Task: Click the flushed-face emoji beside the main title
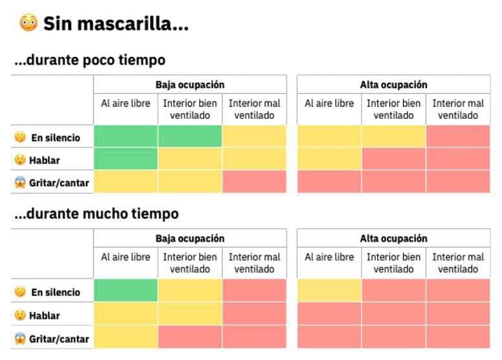(28, 25)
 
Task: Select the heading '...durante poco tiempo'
(90, 60)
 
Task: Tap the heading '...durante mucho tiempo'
(96, 213)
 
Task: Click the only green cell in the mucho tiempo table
(125, 290)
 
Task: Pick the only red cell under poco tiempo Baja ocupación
(254, 182)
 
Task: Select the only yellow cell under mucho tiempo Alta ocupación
(329, 290)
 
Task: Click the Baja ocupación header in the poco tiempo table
(190, 85)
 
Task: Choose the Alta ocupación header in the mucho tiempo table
(393, 238)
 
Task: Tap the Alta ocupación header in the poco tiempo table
(393, 85)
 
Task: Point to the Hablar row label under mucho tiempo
(45, 315)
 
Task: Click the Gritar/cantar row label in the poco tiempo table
(59, 183)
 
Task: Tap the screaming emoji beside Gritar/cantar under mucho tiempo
(20, 338)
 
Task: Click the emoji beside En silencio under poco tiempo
(20, 137)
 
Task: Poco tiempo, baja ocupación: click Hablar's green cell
(125, 159)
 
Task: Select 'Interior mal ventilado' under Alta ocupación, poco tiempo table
(458, 109)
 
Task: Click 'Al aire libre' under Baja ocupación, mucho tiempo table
(125, 257)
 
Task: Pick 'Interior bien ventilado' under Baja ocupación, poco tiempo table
(190, 109)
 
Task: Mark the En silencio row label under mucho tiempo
(56, 292)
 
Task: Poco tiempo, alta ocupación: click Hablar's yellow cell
(329, 159)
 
